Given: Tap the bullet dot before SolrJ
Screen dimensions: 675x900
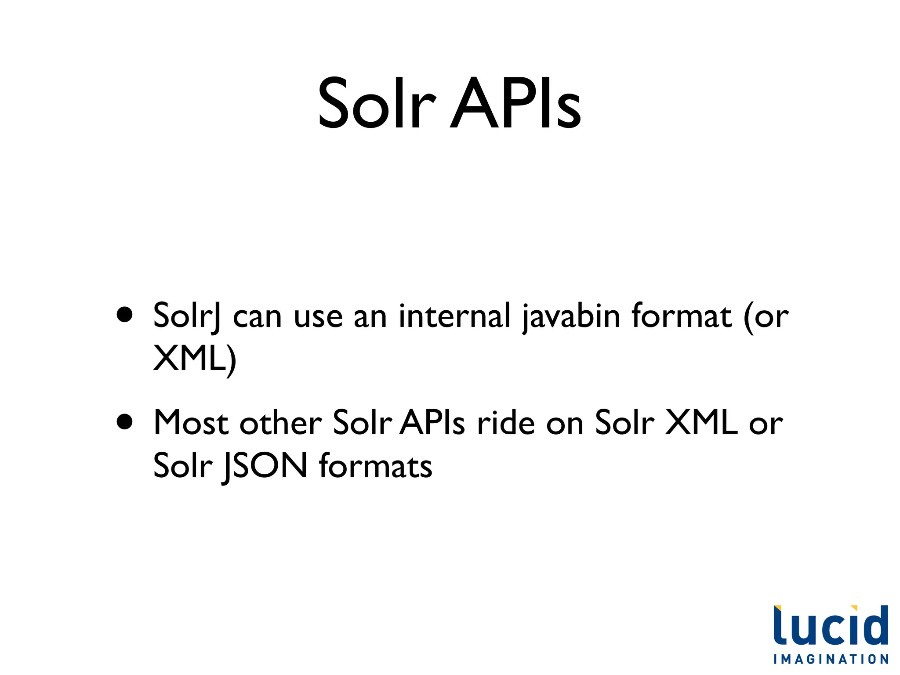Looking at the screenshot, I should [125, 315].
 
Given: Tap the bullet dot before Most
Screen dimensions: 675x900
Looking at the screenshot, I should [125, 421].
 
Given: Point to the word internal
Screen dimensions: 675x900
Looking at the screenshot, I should [454, 316].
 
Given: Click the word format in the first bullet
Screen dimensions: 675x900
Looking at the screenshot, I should [682, 316].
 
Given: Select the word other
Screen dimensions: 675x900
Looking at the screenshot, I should [280, 423].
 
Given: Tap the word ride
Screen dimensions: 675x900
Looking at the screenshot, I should [506, 423].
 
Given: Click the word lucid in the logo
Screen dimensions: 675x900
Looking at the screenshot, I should [831, 626].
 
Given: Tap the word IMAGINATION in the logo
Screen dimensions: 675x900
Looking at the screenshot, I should [831, 659].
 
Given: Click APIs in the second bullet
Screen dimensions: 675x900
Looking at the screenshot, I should [432, 423].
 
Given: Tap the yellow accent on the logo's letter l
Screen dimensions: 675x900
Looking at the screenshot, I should [777, 608].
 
